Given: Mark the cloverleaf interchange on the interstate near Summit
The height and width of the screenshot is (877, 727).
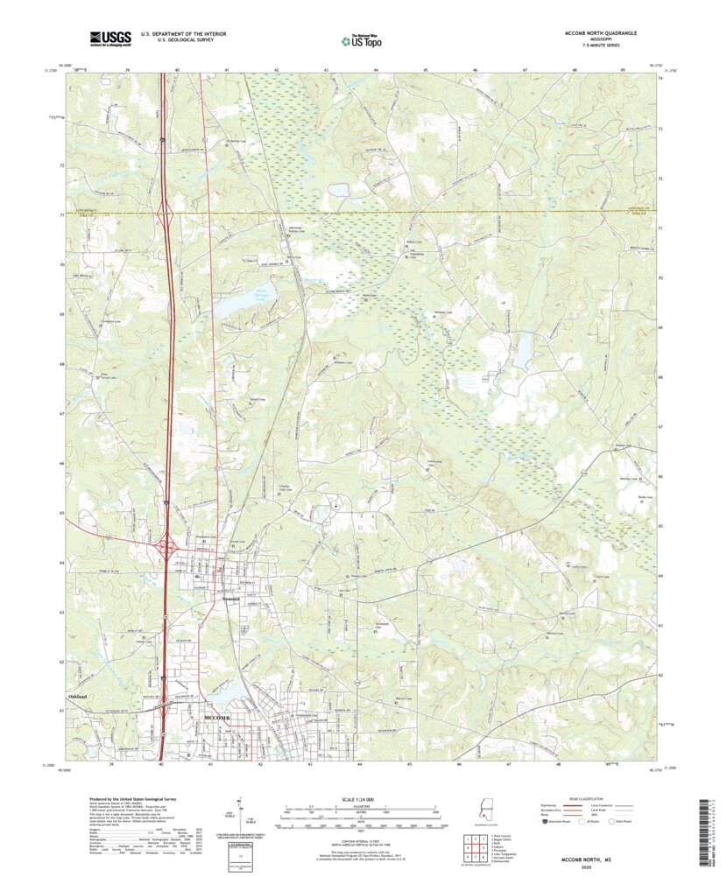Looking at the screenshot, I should [x=167, y=550].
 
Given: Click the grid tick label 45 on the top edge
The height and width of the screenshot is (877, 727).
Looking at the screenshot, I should [x=425, y=68].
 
